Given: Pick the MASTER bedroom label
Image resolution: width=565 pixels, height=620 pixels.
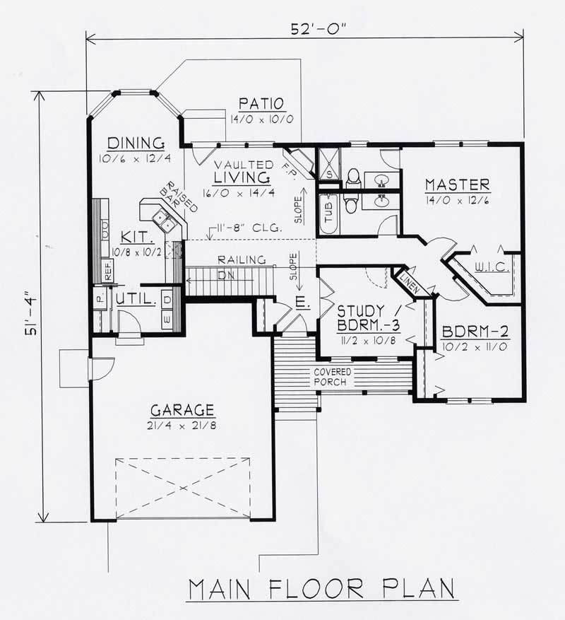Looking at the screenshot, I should pos(457,185).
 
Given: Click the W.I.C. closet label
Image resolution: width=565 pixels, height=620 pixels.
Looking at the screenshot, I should pos(489,267).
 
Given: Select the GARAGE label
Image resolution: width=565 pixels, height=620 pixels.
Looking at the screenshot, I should pos(182,409).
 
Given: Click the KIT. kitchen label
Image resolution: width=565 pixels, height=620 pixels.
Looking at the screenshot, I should pos(133,235).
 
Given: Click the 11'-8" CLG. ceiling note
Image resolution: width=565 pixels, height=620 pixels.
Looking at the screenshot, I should pos(249,228).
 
